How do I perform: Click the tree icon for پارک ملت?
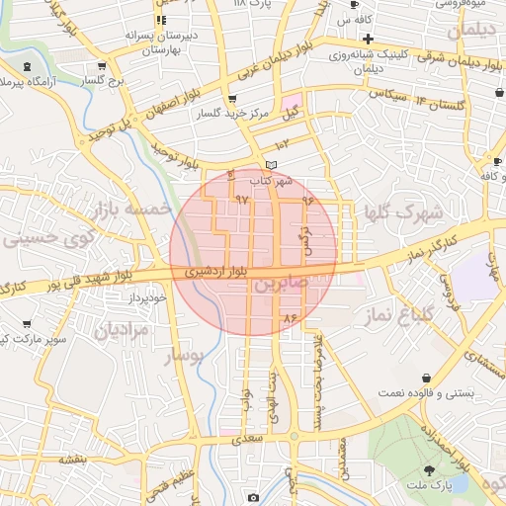[430, 470]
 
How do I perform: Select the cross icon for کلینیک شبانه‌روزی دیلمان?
[368, 40]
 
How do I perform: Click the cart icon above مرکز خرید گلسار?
[231, 99]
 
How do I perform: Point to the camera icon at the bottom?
[253, 497]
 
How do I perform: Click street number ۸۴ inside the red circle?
[289, 318]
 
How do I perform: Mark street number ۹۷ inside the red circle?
[242, 199]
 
